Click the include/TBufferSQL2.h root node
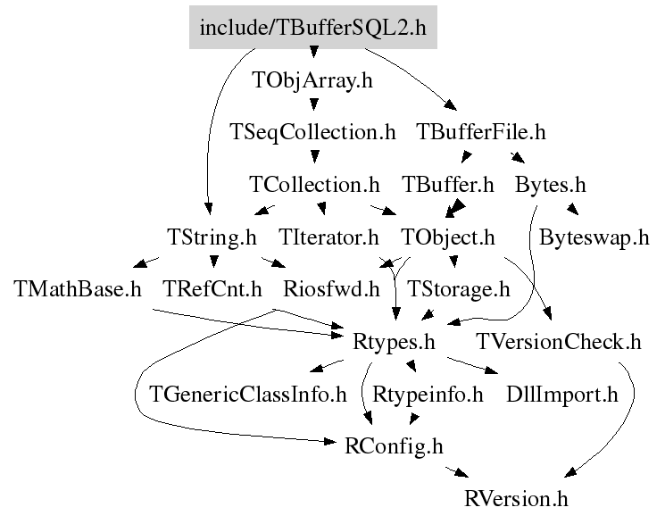(x=313, y=27)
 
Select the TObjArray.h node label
(x=312, y=80)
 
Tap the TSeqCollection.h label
(x=312, y=132)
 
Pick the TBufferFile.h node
(x=481, y=132)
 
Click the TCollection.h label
(x=314, y=185)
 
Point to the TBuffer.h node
(x=448, y=185)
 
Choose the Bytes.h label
(x=551, y=185)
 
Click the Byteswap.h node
(x=594, y=237)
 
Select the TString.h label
(x=212, y=237)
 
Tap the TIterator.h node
(x=328, y=237)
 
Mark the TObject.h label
(x=448, y=237)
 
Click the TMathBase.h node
(x=78, y=289)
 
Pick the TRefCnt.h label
(x=212, y=289)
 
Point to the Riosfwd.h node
(x=331, y=289)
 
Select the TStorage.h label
(x=459, y=290)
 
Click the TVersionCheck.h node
(x=559, y=342)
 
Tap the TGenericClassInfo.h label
(x=248, y=395)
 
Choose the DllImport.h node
(x=562, y=395)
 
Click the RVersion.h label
(x=516, y=498)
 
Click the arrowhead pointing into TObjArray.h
(x=314, y=52)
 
